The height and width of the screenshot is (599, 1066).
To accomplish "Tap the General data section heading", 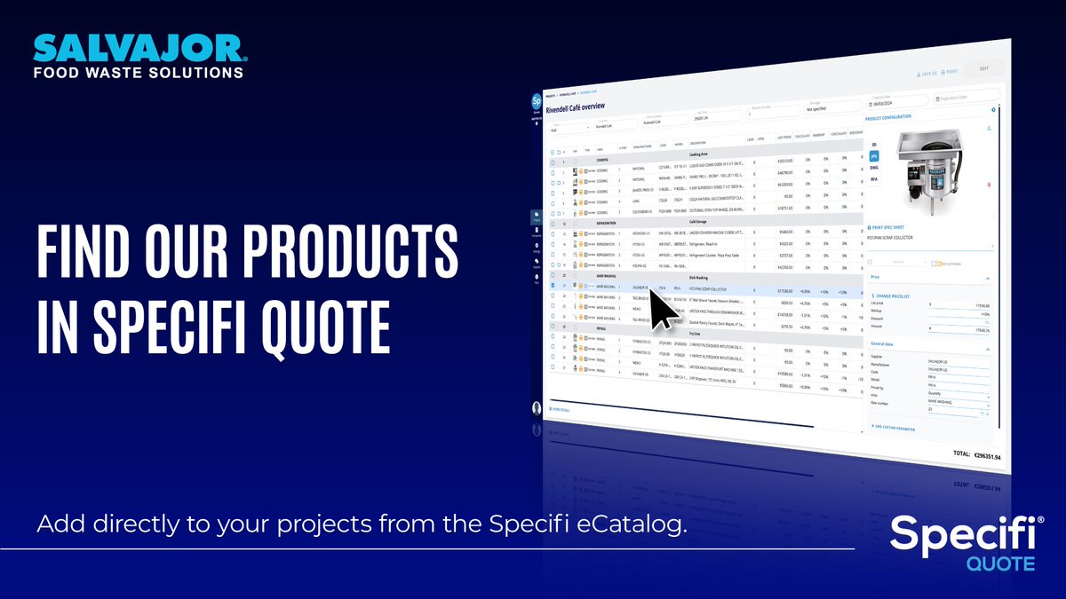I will (x=883, y=343).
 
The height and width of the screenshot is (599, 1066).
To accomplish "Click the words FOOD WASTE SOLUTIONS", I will (x=138, y=72).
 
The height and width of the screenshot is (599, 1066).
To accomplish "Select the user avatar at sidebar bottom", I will (x=536, y=409).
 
